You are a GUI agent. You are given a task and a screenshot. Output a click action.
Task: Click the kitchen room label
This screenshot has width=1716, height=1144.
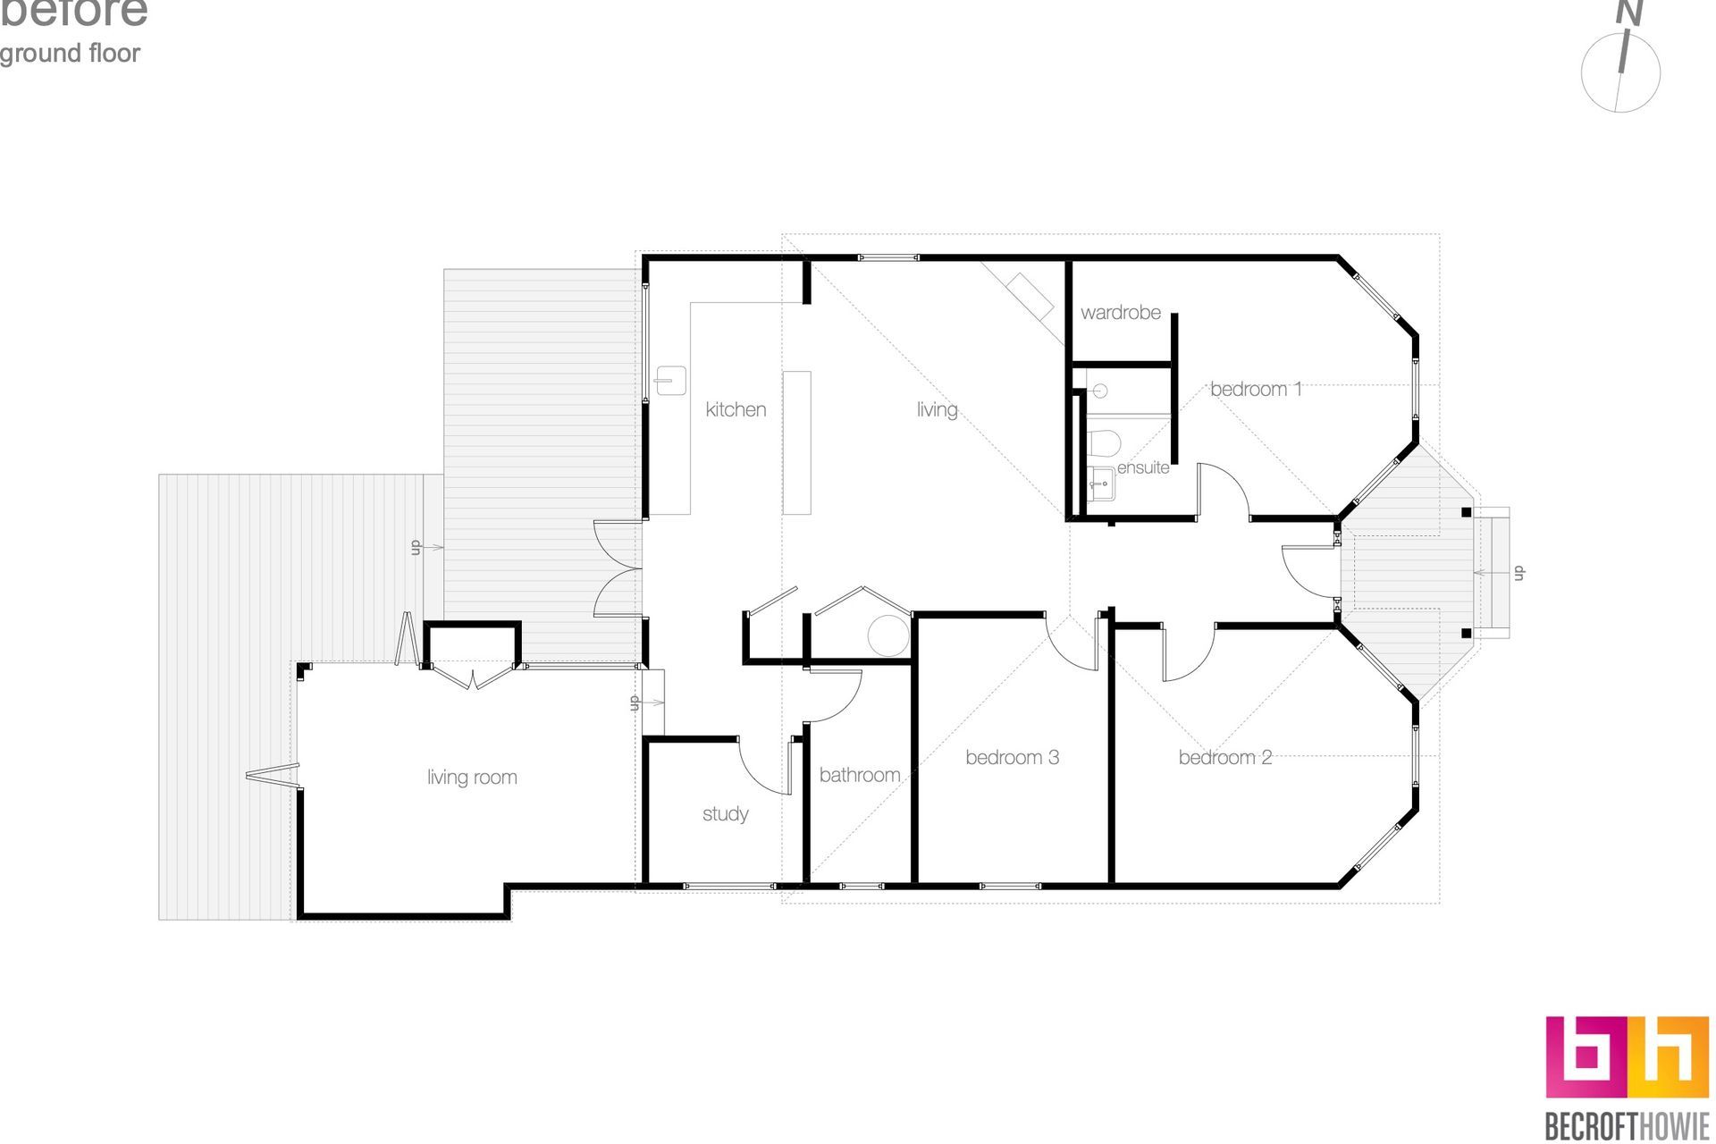(736, 409)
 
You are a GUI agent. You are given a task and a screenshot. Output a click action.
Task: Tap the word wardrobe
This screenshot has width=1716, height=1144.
(1121, 313)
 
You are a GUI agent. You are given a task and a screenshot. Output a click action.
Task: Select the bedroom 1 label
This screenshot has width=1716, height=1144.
(1256, 389)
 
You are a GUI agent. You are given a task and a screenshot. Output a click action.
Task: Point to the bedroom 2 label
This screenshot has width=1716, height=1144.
(1224, 758)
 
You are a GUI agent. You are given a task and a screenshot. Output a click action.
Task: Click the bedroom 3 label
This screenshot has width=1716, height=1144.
(1012, 758)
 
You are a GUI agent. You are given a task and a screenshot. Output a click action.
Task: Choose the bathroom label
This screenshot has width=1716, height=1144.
(859, 775)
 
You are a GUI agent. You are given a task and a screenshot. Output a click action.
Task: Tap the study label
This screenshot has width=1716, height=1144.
(725, 814)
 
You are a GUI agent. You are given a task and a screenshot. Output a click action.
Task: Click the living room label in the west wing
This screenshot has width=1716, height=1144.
(472, 778)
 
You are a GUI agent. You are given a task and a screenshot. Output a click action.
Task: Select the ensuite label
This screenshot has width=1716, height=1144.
(1143, 467)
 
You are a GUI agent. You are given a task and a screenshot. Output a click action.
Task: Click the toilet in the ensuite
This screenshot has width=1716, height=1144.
(1106, 442)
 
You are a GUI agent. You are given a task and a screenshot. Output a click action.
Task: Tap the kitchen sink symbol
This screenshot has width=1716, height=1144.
(670, 380)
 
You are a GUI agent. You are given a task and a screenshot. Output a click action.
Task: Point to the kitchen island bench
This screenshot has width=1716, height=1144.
(797, 442)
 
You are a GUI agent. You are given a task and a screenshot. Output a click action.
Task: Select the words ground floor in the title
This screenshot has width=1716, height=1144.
(70, 54)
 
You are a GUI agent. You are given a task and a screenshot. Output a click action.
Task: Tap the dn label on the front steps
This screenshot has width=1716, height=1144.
(1518, 573)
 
